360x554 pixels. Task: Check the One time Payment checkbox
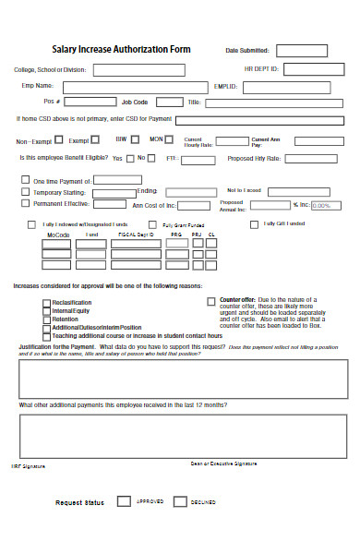coord(25,180)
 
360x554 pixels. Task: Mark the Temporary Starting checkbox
coord(25,192)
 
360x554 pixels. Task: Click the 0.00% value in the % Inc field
coord(321,205)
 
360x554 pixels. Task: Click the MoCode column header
coord(57,235)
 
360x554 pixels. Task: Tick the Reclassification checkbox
coord(46,303)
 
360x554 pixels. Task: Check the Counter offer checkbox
coord(211,301)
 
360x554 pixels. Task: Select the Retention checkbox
coord(46,319)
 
